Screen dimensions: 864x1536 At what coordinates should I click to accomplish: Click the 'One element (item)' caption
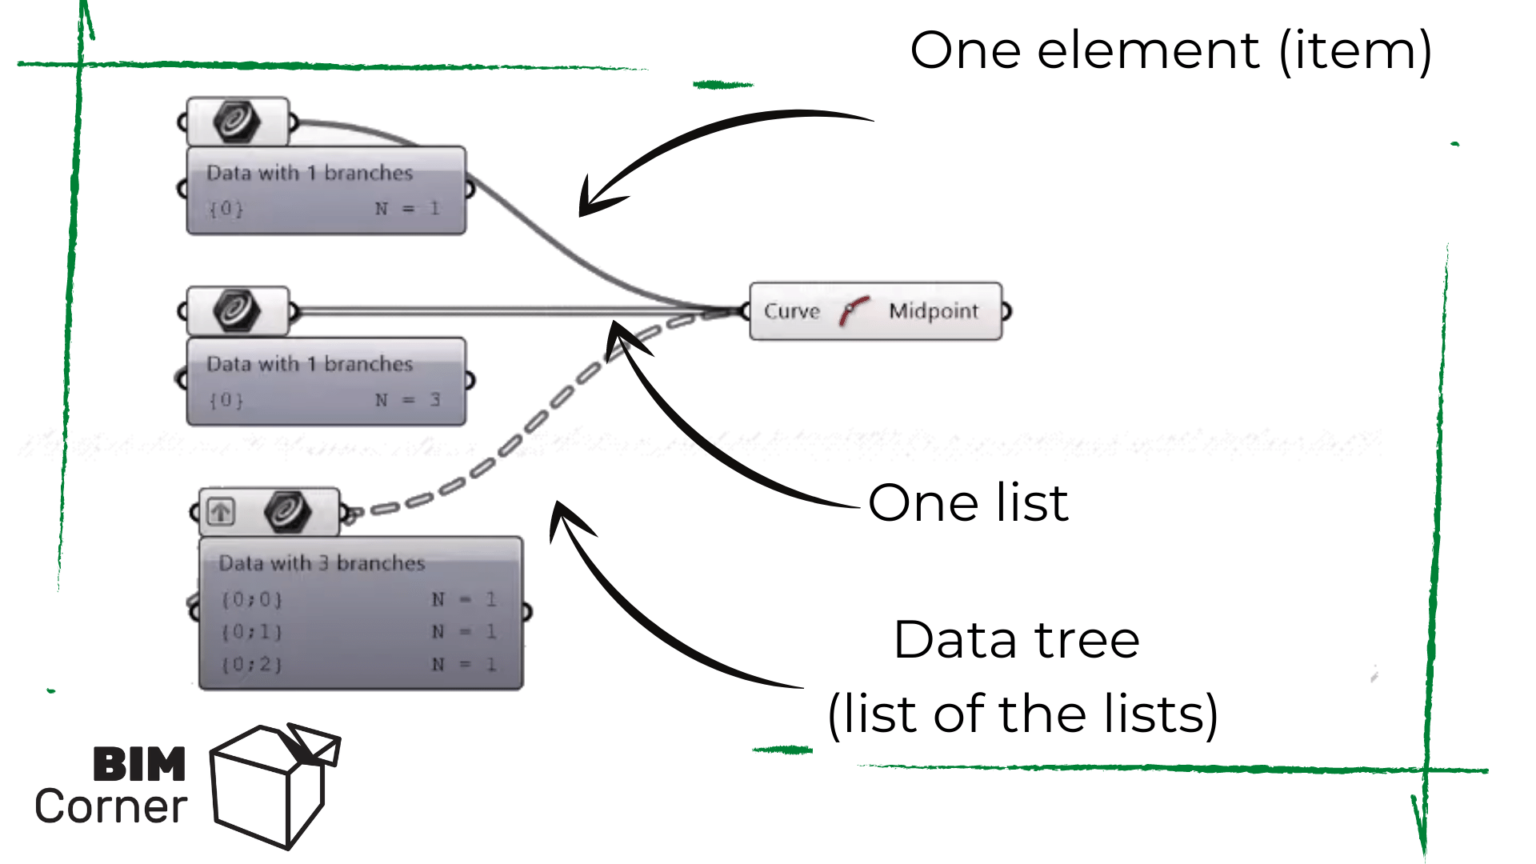(x=1170, y=51)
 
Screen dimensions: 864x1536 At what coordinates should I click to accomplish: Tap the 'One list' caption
(x=967, y=503)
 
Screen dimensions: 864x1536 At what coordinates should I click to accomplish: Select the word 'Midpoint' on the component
(x=933, y=311)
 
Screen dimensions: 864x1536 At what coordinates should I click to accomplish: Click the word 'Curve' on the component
(x=791, y=311)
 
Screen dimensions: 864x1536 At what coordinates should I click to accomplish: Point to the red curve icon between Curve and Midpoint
(x=853, y=311)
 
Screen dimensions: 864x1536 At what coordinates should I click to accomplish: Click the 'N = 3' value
(x=408, y=400)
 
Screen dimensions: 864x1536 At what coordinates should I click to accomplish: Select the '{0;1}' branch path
(x=251, y=632)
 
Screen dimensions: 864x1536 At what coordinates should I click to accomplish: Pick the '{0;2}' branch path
(x=251, y=664)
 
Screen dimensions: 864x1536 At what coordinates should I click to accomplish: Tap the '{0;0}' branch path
(x=251, y=600)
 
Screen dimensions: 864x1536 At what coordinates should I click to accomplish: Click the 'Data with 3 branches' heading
(x=321, y=563)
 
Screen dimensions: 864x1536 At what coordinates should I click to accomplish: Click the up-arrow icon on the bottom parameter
(x=221, y=512)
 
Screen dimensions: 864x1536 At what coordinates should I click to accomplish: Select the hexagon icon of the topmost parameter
(x=237, y=122)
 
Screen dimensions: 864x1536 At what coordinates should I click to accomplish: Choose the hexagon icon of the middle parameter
(x=237, y=311)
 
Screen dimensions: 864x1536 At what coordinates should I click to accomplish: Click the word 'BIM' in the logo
(x=139, y=765)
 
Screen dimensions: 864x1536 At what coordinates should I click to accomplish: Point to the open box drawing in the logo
(x=272, y=786)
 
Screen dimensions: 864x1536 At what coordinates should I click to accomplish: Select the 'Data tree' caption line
(x=1016, y=640)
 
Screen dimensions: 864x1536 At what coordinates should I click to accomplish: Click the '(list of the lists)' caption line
(x=1022, y=714)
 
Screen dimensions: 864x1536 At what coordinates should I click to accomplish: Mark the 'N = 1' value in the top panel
(x=408, y=209)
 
